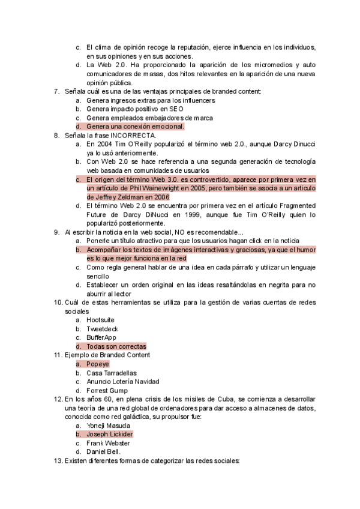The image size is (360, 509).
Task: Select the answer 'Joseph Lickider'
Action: click(109, 434)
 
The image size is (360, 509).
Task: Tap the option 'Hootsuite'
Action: click(103, 320)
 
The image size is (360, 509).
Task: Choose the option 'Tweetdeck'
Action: click(102, 329)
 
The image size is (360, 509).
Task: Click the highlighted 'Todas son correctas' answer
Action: click(116, 346)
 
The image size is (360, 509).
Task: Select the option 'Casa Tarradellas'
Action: click(111, 373)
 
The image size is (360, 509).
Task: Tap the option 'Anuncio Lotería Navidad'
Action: click(122, 382)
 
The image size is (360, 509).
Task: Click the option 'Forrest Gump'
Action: click(107, 391)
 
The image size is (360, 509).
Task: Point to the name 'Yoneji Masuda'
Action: click(109, 425)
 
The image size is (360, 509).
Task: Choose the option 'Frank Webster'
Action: click(108, 443)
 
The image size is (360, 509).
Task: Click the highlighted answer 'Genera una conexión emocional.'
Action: click(135, 127)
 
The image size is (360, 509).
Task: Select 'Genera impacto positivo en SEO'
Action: click(135, 109)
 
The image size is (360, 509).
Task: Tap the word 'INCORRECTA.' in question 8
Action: click(143, 136)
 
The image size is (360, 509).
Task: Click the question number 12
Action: click(58, 399)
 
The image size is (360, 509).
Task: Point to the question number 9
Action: click(57, 232)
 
